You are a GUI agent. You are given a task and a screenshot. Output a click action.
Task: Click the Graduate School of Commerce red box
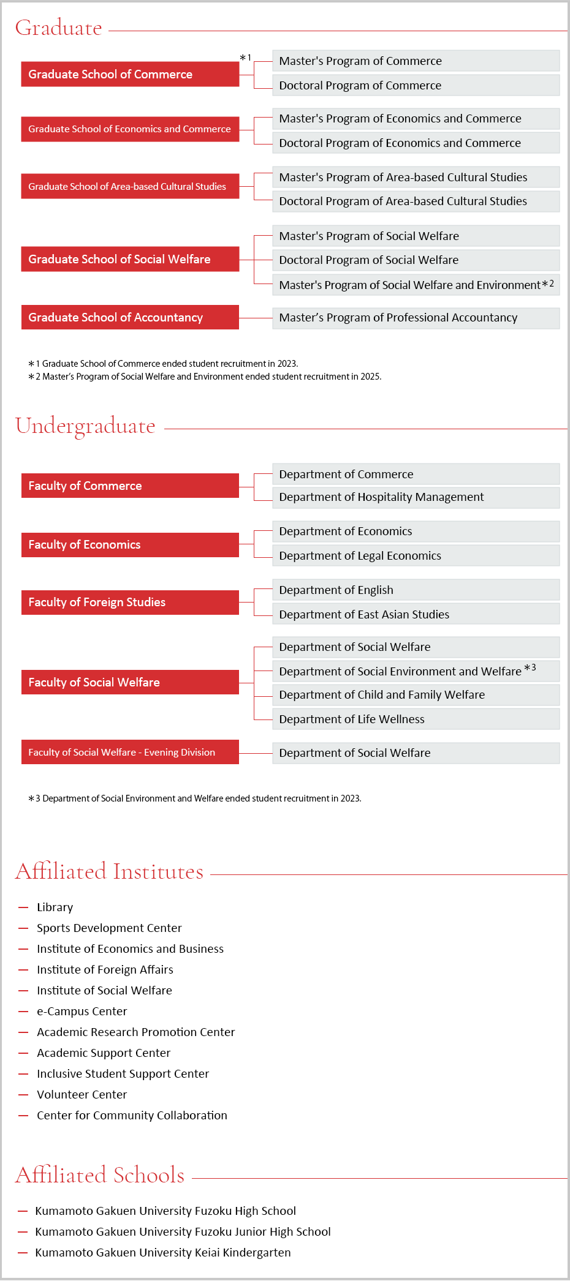[x=130, y=74]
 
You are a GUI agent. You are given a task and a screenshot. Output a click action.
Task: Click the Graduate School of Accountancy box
[x=130, y=317]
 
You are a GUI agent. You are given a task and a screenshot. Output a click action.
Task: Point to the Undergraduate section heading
[x=85, y=426]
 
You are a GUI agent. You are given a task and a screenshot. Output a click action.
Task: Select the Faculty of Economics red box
[x=130, y=544]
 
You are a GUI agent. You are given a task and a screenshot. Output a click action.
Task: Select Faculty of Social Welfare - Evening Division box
[x=130, y=752]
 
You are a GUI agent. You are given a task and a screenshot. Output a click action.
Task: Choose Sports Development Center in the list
[x=109, y=928]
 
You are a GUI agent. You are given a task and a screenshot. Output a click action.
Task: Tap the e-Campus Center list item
[x=82, y=1011]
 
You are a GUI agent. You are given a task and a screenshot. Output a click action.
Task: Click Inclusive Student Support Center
[x=123, y=1073]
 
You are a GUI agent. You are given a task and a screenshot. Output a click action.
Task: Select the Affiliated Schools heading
[x=100, y=1175]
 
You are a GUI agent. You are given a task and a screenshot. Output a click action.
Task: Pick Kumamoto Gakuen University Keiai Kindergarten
[x=162, y=1252]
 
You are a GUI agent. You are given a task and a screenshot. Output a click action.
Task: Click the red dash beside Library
[x=23, y=907]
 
